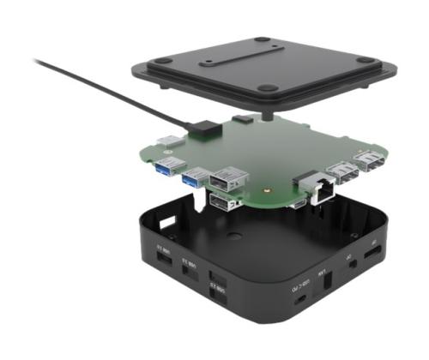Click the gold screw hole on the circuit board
coord(250,182)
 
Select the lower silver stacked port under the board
coord(225,204)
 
